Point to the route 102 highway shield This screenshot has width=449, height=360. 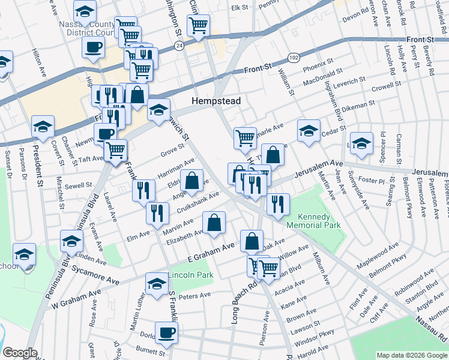293,58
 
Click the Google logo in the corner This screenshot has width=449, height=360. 20,353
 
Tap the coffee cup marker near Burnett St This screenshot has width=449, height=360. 166,332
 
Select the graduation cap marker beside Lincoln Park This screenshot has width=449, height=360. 157,284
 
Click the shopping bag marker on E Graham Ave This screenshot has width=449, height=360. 252,241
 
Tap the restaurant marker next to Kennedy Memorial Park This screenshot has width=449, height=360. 278,203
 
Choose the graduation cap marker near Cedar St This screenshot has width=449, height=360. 308,131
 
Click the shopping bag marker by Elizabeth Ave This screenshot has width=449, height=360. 214,223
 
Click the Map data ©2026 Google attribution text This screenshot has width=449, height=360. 411,355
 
